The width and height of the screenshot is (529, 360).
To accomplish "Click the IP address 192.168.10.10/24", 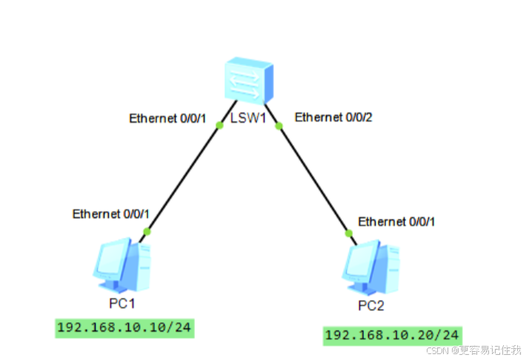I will click(124, 328).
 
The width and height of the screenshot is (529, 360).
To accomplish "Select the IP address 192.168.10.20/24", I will click(392, 335).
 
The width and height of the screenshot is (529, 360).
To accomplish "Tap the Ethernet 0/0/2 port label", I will click(333, 117).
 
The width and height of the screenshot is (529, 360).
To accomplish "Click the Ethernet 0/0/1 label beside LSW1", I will click(167, 118).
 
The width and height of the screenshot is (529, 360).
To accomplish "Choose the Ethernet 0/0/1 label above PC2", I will click(397, 221).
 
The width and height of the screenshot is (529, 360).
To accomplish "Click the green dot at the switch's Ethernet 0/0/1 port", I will click(219, 125).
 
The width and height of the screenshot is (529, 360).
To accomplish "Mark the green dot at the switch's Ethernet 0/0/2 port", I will click(279, 125).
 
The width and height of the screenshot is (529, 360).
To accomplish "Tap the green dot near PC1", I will click(147, 232).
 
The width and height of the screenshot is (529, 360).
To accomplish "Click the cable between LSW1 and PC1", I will click(184, 178).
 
